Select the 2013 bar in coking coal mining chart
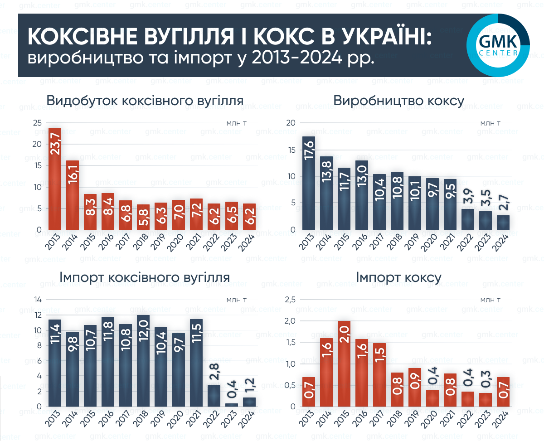click(55, 179)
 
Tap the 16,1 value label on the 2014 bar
click(73, 175)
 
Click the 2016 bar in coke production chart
click(362, 195)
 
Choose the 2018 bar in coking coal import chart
click(143, 361)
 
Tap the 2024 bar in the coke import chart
click(503, 392)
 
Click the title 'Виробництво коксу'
click(398, 101)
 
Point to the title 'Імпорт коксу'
click(398, 277)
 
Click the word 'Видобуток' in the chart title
click(83, 101)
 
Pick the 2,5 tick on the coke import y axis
click(290, 300)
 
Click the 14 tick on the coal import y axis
click(38, 300)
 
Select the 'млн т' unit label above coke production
click(491, 123)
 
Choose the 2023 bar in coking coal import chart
click(232, 404)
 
